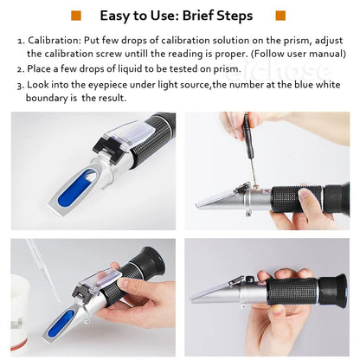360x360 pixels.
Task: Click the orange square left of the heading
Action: pos(76,16)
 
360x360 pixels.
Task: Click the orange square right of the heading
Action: pos(280,16)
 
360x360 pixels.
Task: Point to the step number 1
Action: pos(20,41)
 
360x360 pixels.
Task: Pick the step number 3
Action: pos(20,84)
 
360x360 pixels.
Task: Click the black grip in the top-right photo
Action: pos(303,196)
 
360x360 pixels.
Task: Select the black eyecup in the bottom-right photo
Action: pos(332,289)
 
